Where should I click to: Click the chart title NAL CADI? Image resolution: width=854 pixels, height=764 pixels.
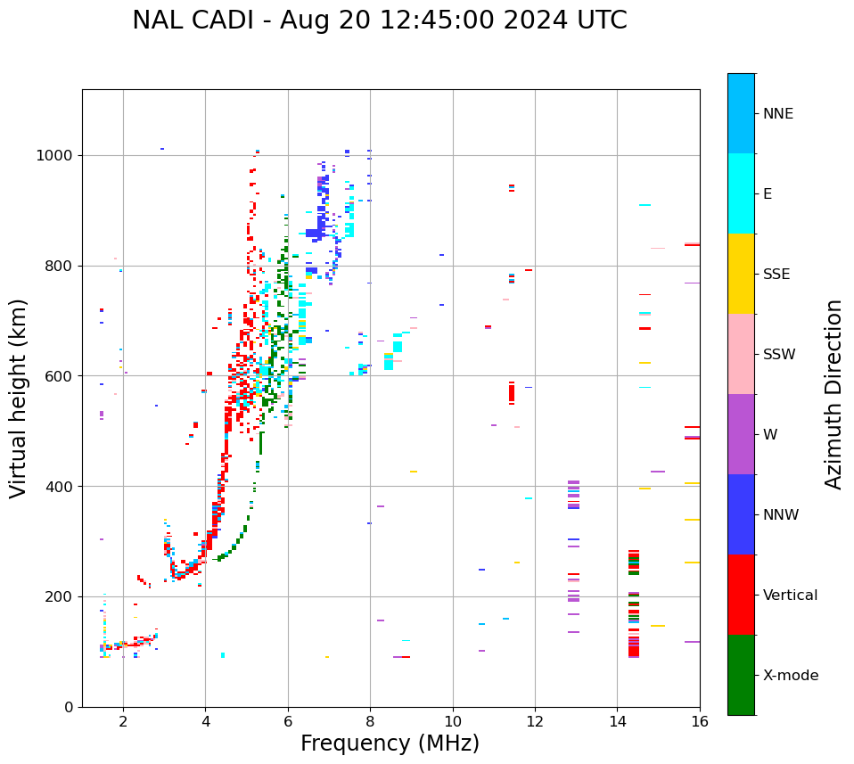tap(379, 21)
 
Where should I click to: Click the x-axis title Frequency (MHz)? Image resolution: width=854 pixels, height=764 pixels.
tap(390, 743)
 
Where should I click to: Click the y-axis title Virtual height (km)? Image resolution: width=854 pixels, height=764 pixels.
tap(19, 398)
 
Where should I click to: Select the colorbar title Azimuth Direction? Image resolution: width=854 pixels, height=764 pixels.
tap(833, 394)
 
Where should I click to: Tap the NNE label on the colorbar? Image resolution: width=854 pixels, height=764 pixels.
tap(777, 114)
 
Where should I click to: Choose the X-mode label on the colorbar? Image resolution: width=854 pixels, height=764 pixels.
tap(790, 676)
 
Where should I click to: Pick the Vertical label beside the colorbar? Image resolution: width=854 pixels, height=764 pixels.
tap(790, 596)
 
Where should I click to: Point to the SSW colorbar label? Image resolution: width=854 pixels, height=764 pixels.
tap(778, 355)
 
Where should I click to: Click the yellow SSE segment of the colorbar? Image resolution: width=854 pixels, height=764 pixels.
tap(741, 274)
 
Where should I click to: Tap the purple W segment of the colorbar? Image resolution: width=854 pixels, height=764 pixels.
tap(741, 434)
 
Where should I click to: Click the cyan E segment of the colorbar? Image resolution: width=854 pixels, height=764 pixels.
tap(741, 193)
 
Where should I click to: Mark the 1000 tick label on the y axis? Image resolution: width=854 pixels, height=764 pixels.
tap(57, 156)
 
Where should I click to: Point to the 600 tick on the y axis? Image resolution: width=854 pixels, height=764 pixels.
tap(62, 376)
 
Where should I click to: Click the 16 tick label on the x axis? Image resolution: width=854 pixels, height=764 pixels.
tap(699, 721)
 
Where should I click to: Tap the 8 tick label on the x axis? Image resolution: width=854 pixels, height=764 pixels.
tap(370, 721)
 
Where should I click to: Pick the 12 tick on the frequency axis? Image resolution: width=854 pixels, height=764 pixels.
tap(535, 721)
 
